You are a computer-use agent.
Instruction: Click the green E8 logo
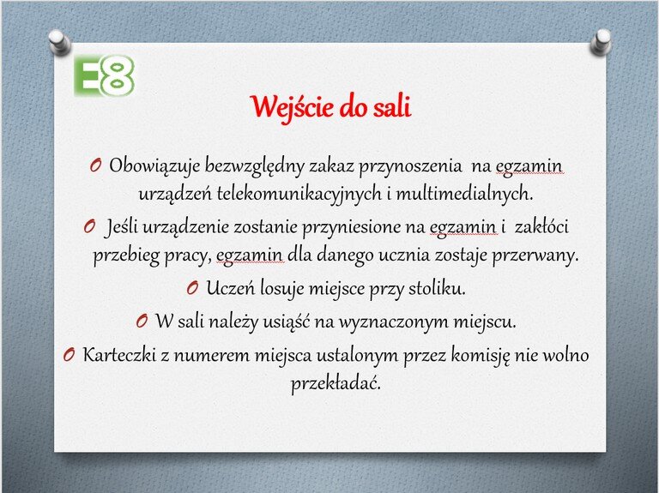(x=104, y=75)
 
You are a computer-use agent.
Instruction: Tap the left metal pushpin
(x=59, y=42)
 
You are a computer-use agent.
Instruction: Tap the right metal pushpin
(x=601, y=42)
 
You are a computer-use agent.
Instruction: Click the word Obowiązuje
(x=154, y=166)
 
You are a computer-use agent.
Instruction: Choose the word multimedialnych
(x=464, y=194)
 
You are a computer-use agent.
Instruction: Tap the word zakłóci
(x=541, y=226)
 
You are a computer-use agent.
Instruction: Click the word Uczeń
(x=230, y=288)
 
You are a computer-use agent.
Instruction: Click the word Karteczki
(x=119, y=355)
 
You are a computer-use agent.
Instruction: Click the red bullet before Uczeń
(x=192, y=288)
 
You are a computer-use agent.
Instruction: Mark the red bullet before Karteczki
(x=70, y=355)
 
